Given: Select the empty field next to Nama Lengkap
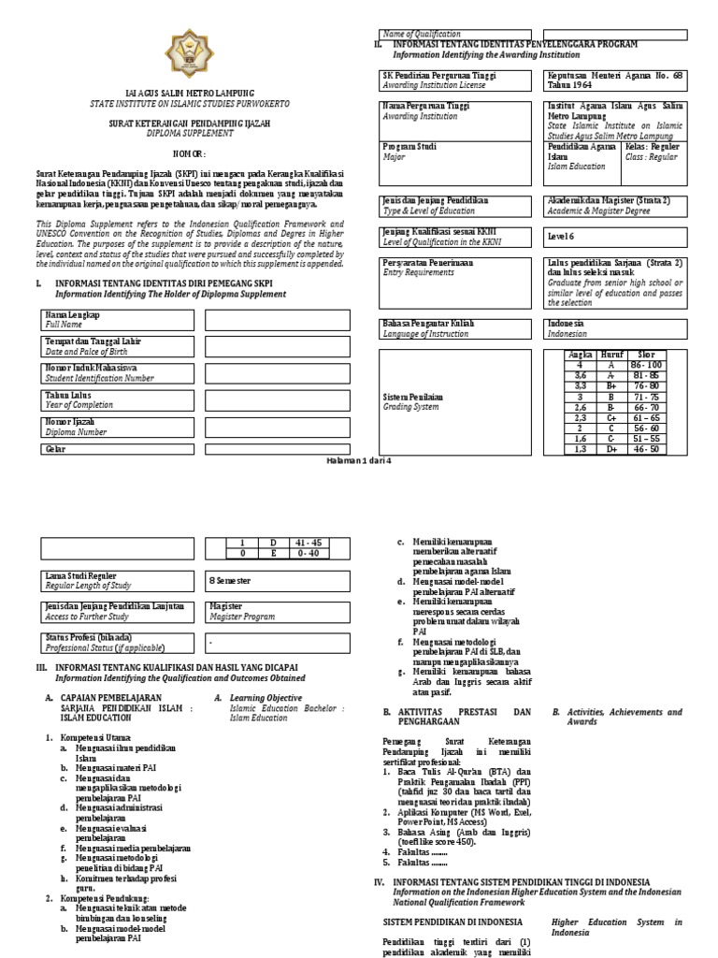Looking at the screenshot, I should [276, 320].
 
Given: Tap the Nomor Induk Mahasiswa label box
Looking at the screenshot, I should [117, 373].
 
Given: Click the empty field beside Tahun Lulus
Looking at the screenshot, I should [276, 399].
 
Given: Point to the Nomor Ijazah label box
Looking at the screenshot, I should [117, 427].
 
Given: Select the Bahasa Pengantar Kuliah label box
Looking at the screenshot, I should [454, 327].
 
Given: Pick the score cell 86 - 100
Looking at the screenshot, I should [646, 365].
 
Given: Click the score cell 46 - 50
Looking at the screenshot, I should [646, 449].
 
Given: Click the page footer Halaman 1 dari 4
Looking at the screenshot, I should [359, 461].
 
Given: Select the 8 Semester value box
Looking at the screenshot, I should [276, 580].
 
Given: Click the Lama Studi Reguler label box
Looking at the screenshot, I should [117, 580].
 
